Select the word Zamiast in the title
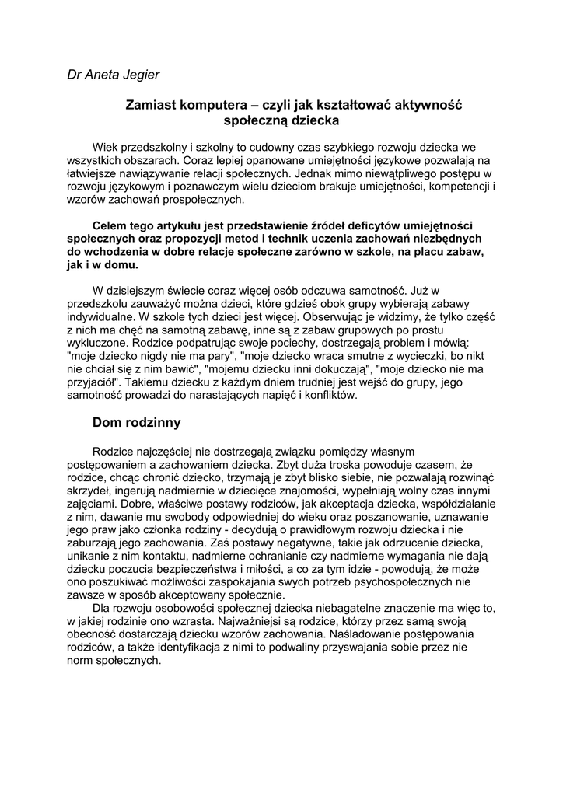151,105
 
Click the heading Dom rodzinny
136,422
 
